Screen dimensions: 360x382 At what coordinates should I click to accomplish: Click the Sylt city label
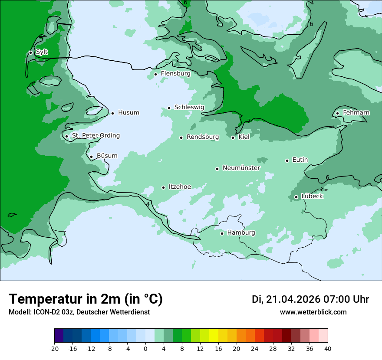(x=42, y=52)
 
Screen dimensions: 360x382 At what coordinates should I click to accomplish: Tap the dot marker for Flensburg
(x=155, y=74)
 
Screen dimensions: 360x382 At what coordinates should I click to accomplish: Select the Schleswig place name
(x=189, y=107)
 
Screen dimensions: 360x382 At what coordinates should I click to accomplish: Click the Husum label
(x=128, y=113)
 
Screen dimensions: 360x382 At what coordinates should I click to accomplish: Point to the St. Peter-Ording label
(x=95, y=136)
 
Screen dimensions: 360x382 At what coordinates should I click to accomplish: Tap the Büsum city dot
(x=91, y=157)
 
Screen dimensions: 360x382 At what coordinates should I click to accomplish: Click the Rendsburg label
(x=203, y=137)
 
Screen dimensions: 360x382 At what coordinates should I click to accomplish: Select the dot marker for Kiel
(x=233, y=137)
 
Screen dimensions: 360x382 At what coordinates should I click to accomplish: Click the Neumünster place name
(x=241, y=168)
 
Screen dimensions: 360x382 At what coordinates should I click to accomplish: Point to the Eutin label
(x=300, y=160)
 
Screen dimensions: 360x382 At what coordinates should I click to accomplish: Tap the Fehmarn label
(x=356, y=113)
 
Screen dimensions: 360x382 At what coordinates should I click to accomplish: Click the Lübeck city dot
(x=296, y=197)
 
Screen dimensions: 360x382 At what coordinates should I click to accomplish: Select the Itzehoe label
(x=180, y=187)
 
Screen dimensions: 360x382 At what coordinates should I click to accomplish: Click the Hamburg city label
(x=241, y=233)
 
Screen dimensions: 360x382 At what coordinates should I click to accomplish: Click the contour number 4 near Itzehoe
(x=148, y=204)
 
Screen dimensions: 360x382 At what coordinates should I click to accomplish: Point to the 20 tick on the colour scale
(x=237, y=348)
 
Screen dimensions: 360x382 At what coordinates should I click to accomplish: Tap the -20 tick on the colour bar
(x=54, y=348)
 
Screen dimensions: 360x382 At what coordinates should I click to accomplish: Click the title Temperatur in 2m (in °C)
(x=86, y=299)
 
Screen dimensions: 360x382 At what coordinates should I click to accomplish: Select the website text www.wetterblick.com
(x=313, y=312)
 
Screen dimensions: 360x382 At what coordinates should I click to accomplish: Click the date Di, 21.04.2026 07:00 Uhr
(x=310, y=299)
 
